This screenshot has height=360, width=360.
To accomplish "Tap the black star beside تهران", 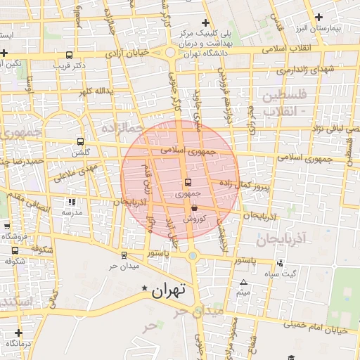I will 145,288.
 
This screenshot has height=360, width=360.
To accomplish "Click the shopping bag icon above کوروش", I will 193,208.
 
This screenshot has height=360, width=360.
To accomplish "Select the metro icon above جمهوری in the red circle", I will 186,183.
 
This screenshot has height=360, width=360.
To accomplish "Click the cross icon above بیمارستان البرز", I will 319,17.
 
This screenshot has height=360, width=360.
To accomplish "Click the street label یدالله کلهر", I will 95,91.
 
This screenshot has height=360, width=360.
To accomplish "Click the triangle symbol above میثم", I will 243,282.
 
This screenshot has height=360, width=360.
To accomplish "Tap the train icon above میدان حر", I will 124,255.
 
